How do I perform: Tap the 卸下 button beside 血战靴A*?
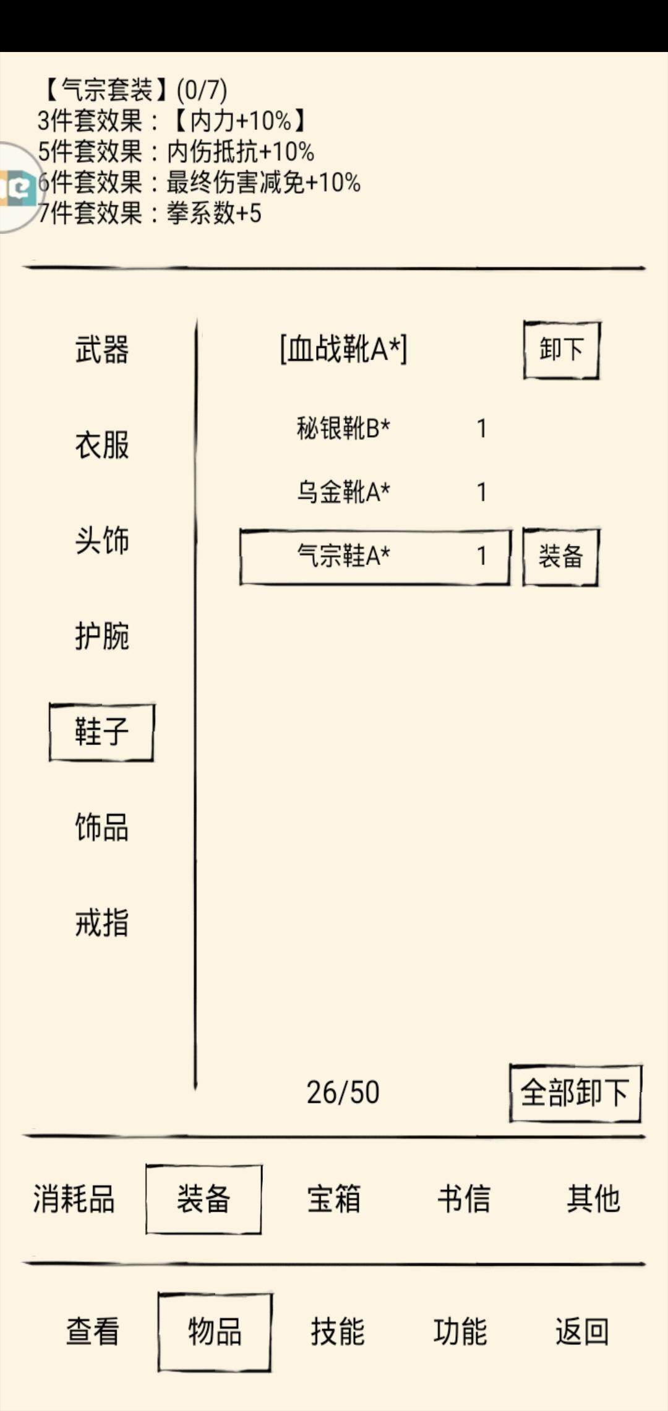562,350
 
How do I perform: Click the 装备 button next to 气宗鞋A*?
561,556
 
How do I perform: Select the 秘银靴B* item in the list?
343,428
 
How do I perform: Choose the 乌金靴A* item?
343,492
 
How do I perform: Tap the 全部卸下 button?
575,1093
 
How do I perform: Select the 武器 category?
102,350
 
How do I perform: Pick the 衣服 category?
102,445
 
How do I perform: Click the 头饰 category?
102,540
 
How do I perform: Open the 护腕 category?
102,636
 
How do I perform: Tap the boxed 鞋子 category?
102,732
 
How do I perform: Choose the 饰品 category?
102,827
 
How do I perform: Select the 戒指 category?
102,923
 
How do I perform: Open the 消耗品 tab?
74,1199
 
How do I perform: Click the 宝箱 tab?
334,1199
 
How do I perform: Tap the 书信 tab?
464,1199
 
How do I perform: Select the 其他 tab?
594,1199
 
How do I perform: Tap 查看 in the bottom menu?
93,1332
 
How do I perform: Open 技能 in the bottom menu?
338,1332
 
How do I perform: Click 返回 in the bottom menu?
583,1332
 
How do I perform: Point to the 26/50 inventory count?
343,1093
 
